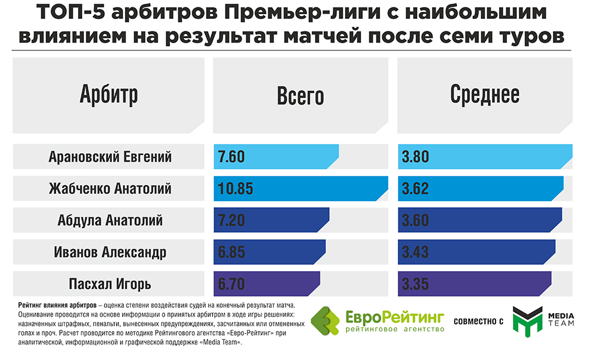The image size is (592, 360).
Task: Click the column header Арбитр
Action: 108,95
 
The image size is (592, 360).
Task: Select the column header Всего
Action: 300,96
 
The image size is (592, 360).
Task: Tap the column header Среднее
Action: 485,95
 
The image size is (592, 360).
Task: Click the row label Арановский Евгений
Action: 110,157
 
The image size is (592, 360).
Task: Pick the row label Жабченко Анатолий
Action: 110,189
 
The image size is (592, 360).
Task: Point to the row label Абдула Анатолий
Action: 110,221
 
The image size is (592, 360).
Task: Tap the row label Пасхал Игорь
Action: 110,284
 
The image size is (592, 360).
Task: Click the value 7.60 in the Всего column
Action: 231,157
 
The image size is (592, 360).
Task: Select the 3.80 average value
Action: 416,157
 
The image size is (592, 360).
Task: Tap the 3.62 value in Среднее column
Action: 416,189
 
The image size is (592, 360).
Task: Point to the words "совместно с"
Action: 478,322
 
